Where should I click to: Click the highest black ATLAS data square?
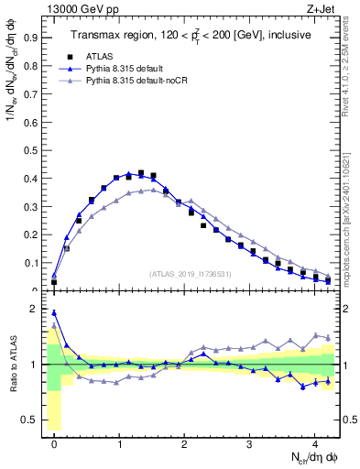point(140,173)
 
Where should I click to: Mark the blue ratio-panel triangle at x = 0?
point(54,312)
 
